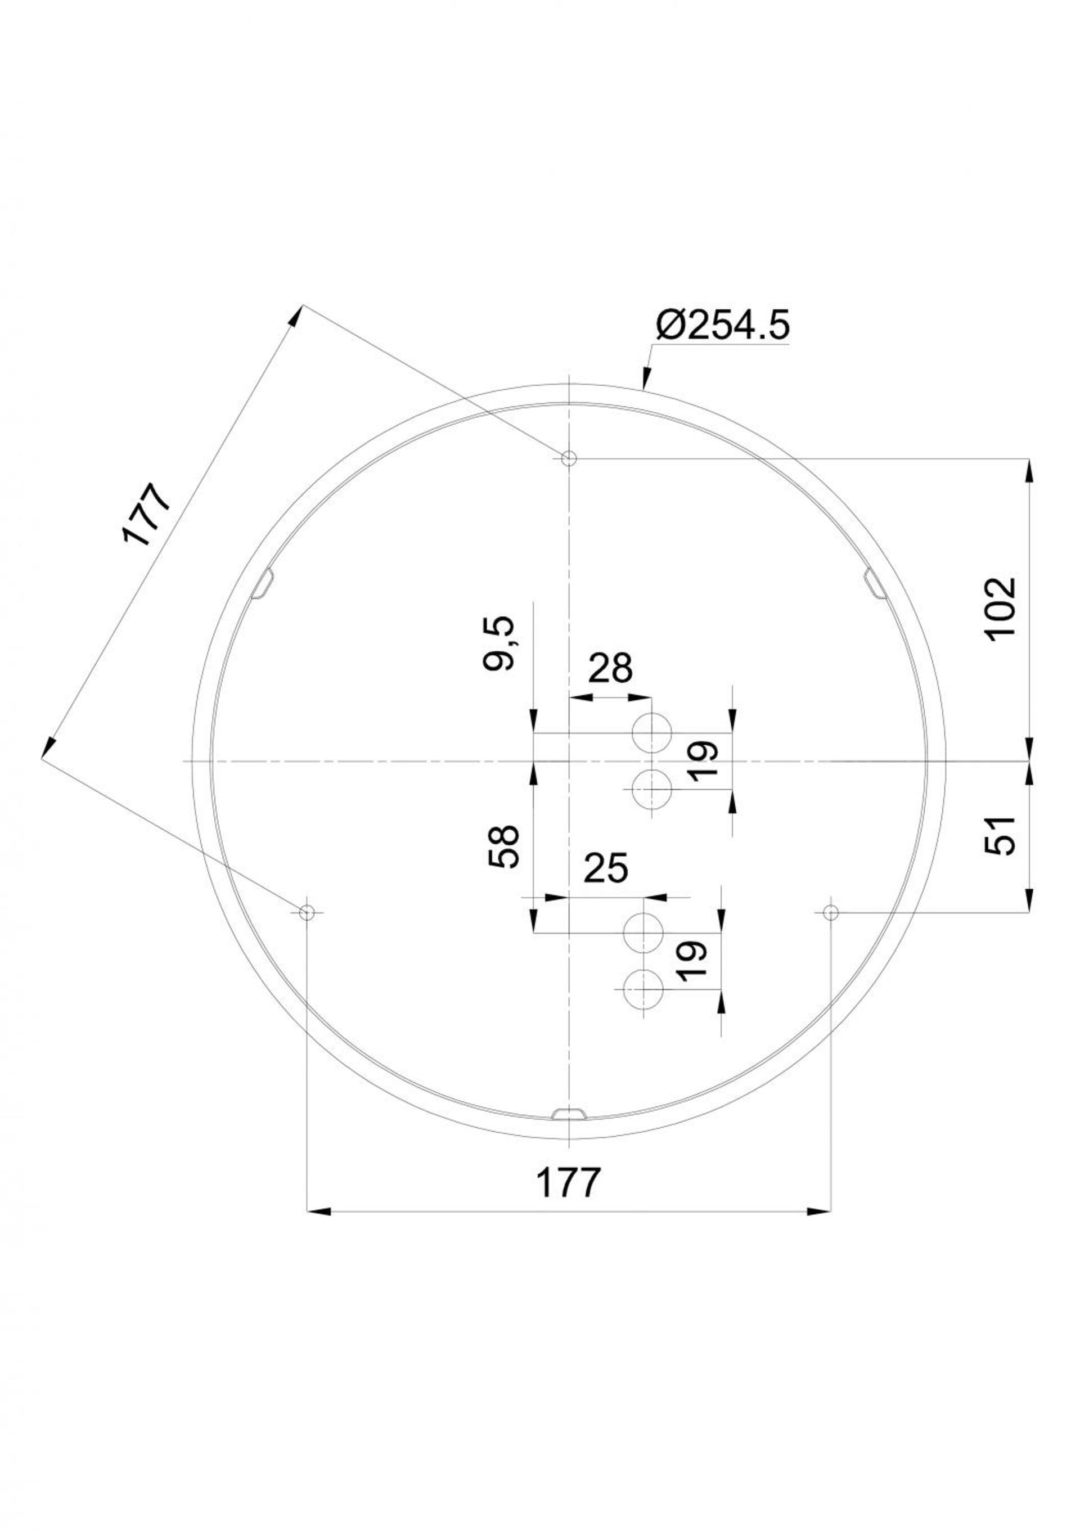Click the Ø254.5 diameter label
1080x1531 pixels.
[723, 326]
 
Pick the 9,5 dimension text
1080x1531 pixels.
[500, 643]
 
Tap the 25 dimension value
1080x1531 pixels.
[605, 868]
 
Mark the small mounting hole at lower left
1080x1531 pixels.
[306, 912]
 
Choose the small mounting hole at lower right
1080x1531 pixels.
[831, 912]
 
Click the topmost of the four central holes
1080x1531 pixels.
[652, 732]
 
